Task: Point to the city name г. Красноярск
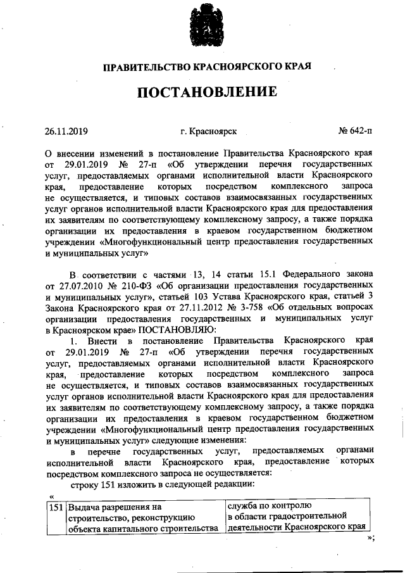208,132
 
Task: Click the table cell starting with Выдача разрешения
146,517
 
